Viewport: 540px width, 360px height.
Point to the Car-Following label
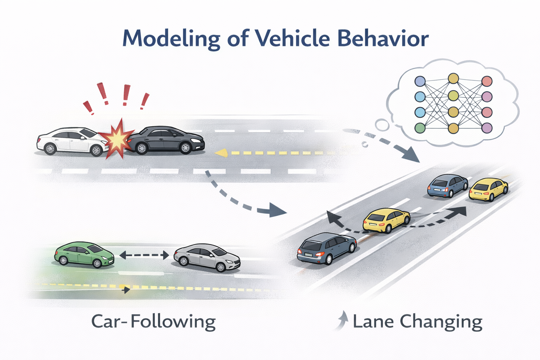click(153, 322)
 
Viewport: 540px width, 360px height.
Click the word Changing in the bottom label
click(441, 322)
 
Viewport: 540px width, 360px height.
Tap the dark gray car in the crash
click(165, 140)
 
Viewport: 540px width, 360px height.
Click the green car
click(84, 254)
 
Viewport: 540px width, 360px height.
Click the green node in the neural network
click(420, 128)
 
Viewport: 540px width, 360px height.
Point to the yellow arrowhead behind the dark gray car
click(220, 153)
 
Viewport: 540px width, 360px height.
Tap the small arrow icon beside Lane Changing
click(342, 320)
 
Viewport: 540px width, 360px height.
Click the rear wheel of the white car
click(50, 149)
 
